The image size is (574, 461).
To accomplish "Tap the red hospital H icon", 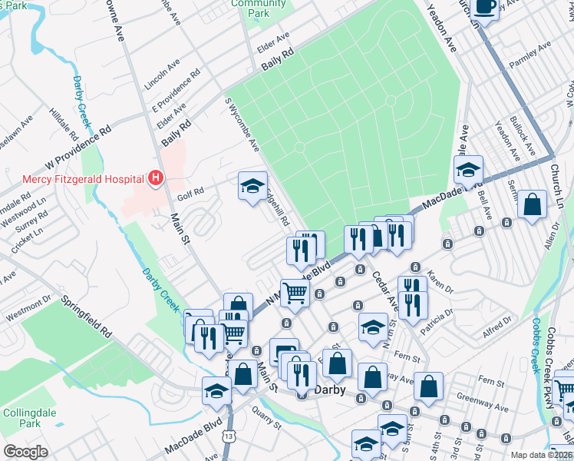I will pyautogui.click(x=156, y=179).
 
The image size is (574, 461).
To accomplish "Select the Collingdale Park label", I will pyautogui.click(x=21, y=418).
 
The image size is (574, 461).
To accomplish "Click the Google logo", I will pyautogui.click(x=25, y=452).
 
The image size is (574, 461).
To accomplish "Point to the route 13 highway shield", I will pyautogui.click(x=229, y=436).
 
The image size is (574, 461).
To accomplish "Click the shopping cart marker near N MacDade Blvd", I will pyautogui.click(x=294, y=292).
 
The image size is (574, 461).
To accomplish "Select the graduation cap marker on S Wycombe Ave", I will pyautogui.click(x=252, y=186).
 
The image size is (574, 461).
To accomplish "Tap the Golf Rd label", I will pyautogui.click(x=190, y=192).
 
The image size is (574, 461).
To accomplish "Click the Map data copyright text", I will pyautogui.click(x=540, y=455).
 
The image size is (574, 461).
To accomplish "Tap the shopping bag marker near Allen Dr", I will pyautogui.click(x=532, y=206).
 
